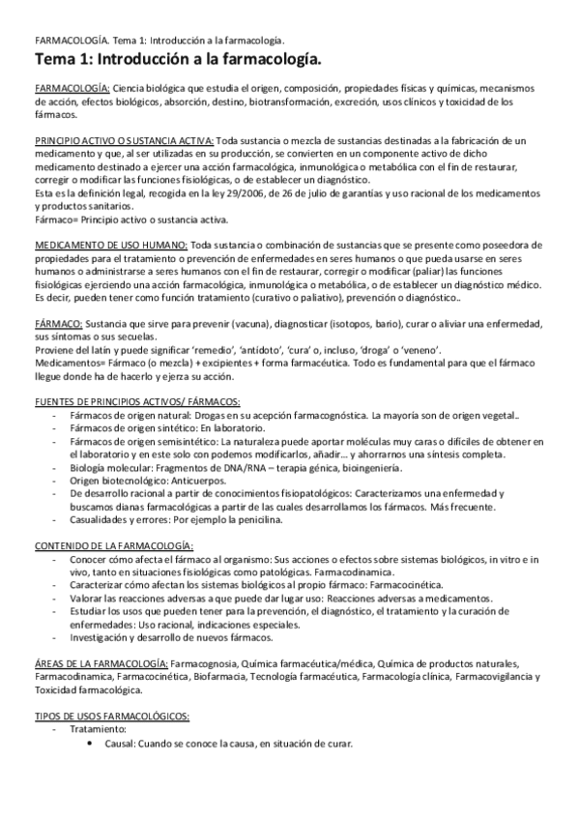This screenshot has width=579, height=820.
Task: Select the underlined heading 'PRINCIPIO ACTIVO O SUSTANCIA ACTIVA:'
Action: (125, 139)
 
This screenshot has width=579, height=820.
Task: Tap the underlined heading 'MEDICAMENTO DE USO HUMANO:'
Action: (111, 218)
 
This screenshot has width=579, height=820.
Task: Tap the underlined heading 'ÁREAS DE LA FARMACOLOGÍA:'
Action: (101, 662)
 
